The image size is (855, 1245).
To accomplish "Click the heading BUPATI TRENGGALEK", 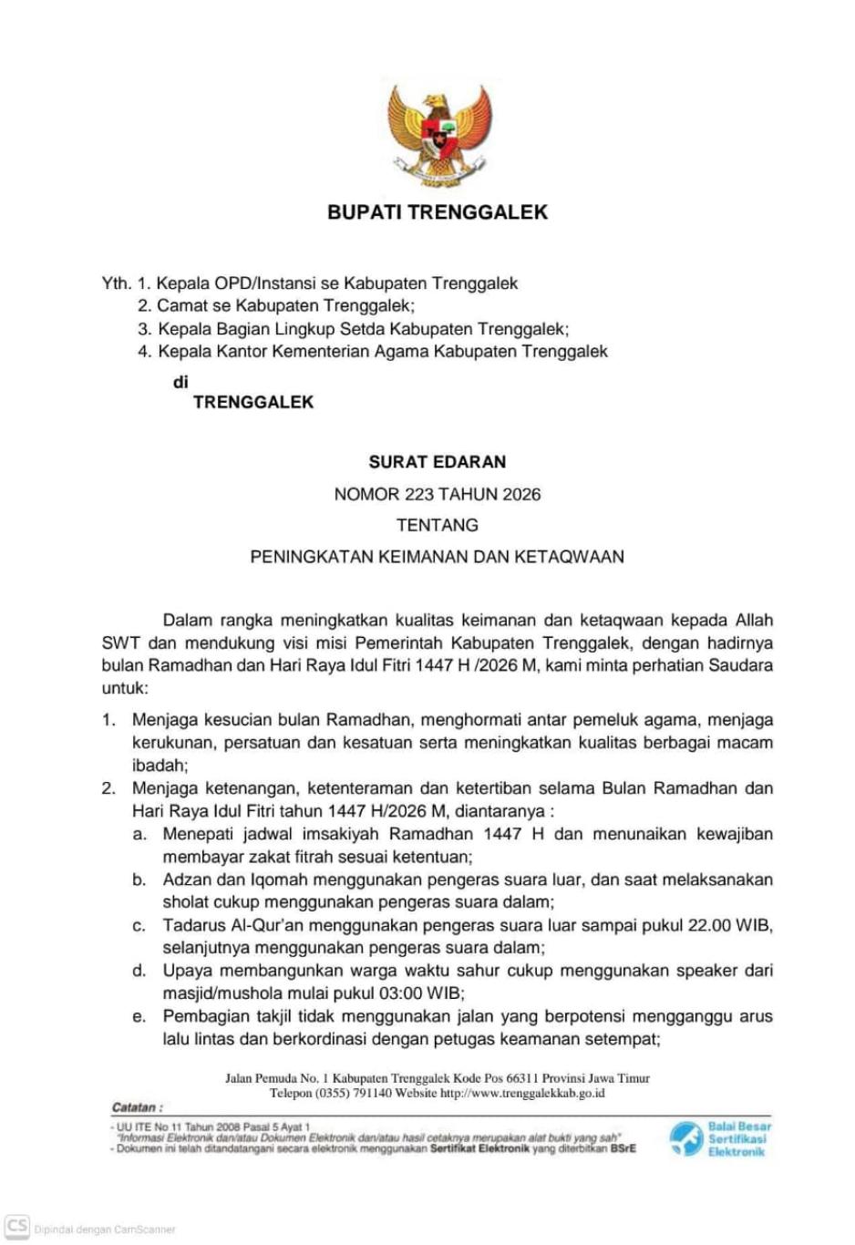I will click(x=438, y=212).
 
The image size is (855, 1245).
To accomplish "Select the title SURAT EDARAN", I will click(x=438, y=462).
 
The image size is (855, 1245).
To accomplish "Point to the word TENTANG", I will click(x=438, y=525).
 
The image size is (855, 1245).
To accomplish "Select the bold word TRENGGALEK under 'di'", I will click(x=253, y=402).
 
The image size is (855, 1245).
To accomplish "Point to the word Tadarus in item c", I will click(x=194, y=925).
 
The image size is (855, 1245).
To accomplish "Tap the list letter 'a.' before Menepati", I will click(x=139, y=834).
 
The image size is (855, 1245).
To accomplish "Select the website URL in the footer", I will click(x=522, y=1093).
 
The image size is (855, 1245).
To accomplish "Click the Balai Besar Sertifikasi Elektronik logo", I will click(x=720, y=1139).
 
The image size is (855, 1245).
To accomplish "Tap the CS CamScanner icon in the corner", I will click(x=16, y=1227).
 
